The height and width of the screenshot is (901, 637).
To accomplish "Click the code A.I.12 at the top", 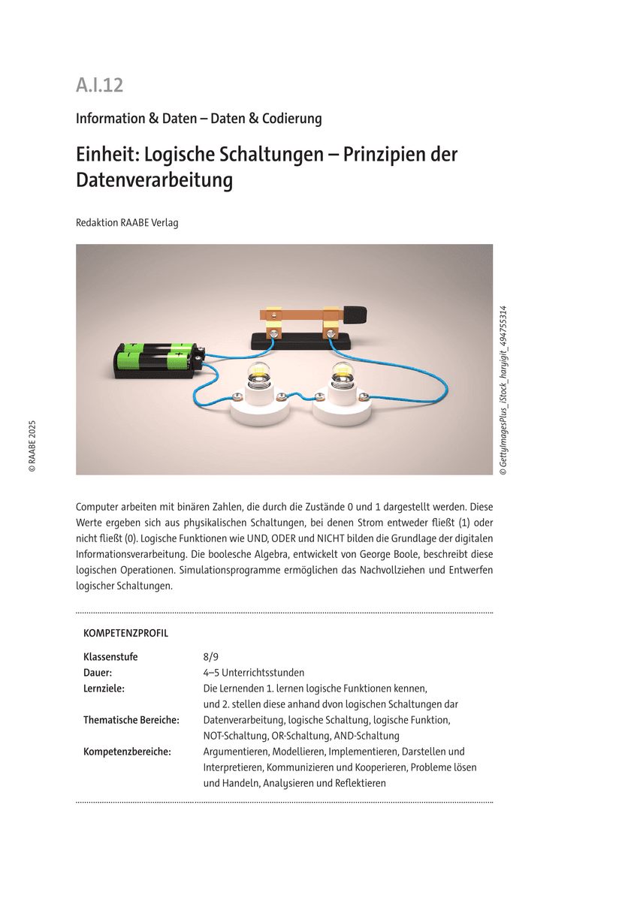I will (x=99, y=86).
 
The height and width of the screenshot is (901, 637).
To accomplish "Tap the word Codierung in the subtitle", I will (x=291, y=119).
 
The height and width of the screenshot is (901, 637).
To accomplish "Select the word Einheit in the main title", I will (x=105, y=155).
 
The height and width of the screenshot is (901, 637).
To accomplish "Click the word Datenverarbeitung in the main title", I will (x=154, y=181).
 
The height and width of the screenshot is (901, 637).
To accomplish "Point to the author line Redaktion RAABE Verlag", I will (x=127, y=222).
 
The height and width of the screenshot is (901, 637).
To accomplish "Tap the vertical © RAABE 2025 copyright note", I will (x=32, y=445).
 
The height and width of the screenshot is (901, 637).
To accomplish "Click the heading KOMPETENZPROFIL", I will (x=125, y=633).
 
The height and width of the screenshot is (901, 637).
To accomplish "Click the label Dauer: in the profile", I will (x=98, y=673).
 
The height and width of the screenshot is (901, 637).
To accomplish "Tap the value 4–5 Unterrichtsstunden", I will (x=254, y=673).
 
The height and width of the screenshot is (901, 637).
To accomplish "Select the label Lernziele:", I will (x=104, y=689).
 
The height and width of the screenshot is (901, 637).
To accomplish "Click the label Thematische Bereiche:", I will (x=131, y=720).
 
